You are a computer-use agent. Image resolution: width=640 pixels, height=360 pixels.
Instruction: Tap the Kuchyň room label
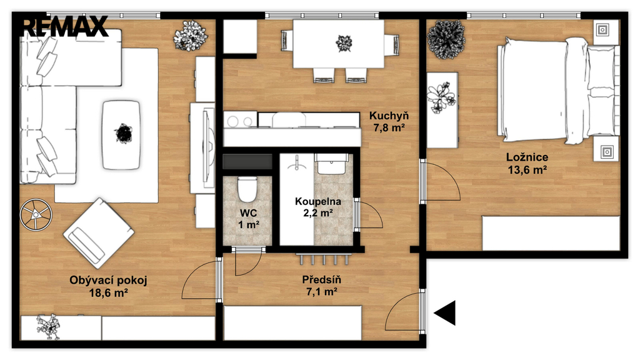tap(389, 116)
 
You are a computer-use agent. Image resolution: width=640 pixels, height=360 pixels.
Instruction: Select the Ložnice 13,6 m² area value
tap(527, 169)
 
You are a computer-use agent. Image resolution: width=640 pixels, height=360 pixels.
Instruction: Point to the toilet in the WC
tap(247, 189)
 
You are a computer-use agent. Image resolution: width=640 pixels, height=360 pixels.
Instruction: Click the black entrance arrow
tap(444, 313)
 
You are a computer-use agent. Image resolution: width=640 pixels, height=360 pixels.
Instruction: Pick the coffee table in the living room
tap(121, 135)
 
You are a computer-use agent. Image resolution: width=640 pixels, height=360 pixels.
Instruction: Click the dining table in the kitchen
tap(338, 44)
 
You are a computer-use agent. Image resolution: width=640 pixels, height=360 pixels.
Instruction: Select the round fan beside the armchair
tap(36, 214)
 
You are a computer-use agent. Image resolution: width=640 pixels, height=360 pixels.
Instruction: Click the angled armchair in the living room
tap(99, 233)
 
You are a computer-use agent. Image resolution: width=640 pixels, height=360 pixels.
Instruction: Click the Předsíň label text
tap(322, 279)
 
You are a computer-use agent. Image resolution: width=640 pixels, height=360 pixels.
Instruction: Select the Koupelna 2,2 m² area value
tap(318, 212)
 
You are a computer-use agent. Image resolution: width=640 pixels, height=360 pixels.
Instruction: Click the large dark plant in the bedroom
tap(446, 39)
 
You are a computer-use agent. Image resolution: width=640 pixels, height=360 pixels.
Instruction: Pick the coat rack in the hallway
tap(324, 258)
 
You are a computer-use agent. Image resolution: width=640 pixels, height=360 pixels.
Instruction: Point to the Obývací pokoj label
tap(108, 280)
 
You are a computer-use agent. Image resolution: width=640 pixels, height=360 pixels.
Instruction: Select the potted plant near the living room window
tap(191, 36)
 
